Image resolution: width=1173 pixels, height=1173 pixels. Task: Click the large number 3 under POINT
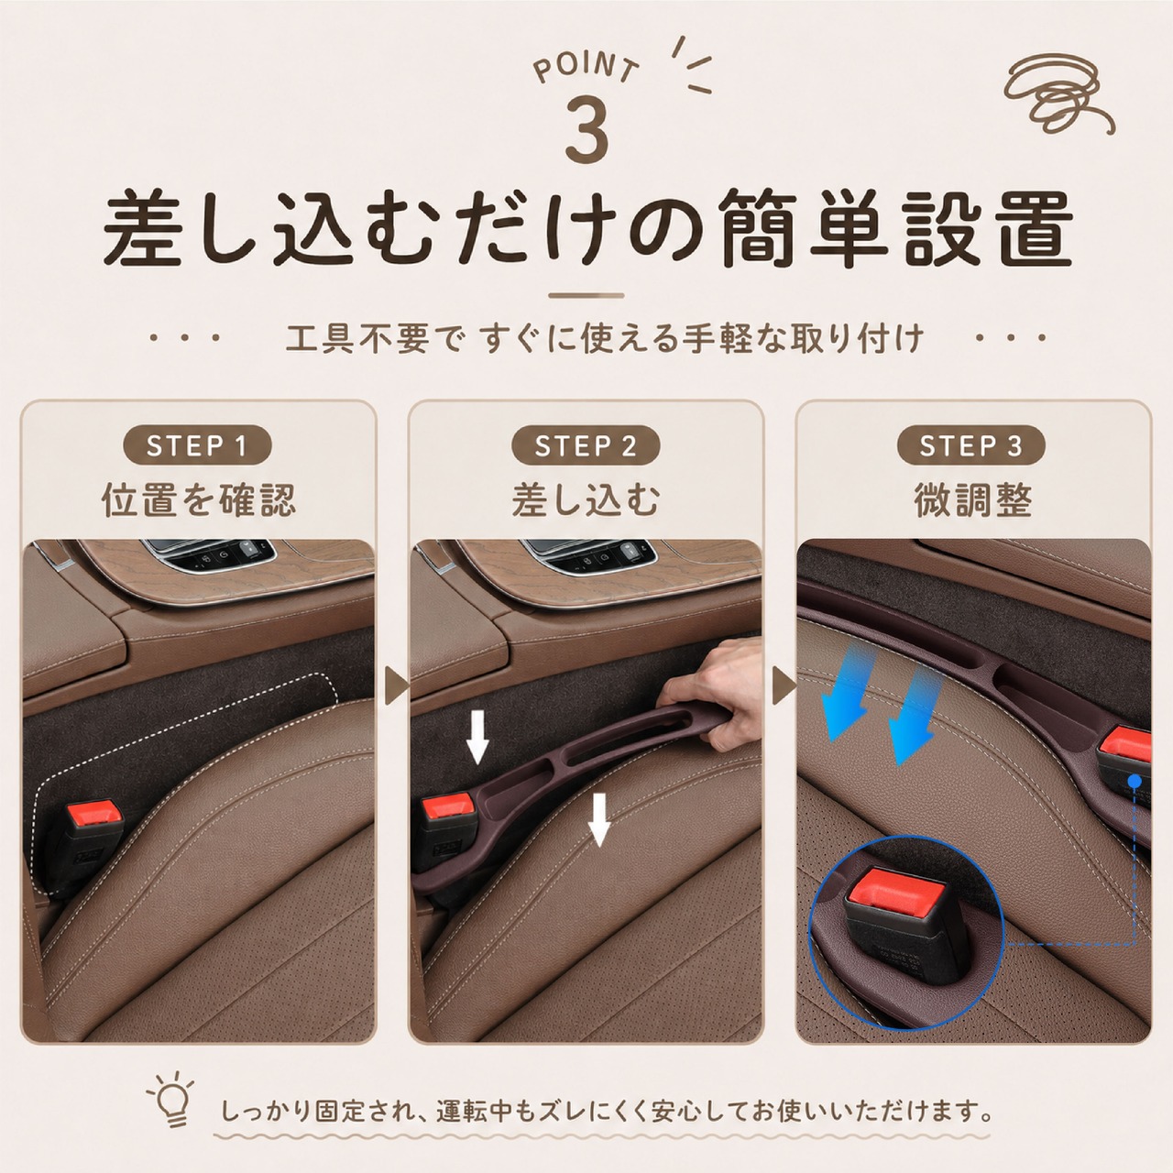click(x=586, y=129)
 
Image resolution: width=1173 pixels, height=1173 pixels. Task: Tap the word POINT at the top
click(x=586, y=67)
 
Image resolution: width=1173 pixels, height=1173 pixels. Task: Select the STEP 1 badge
click(x=197, y=445)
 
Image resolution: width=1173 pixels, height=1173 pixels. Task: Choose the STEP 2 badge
click(x=586, y=445)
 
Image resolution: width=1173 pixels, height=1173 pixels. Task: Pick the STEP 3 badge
click(x=970, y=445)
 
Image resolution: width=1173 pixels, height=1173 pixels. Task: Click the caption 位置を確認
click(x=199, y=500)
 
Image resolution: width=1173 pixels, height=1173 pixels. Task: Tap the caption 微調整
click(x=972, y=500)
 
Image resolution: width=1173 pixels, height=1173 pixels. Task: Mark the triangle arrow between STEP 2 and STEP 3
click(x=784, y=686)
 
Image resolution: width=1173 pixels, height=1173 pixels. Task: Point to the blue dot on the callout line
click(x=1134, y=781)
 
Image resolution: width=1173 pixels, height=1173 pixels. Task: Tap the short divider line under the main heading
click(x=586, y=296)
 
